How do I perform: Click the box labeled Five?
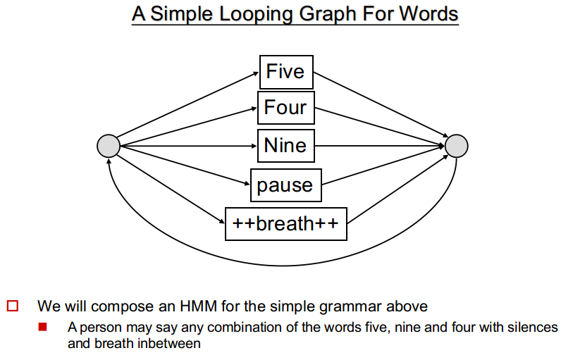tap(286, 72)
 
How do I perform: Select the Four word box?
tap(285, 108)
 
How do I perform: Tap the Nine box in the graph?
tap(285, 146)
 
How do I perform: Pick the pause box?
tap(285, 185)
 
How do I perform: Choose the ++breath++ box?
tap(285, 224)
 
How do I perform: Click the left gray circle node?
tap(109, 146)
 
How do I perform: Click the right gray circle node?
tap(457, 146)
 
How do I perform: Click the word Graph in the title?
tap(328, 14)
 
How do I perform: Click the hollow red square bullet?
tap(13, 306)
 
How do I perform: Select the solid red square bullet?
tap(42, 327)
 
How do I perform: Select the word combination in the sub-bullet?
tap(244, 327)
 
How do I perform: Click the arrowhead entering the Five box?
tap(256, 74)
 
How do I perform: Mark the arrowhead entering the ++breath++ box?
tap(221, 221)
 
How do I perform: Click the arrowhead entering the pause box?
tap(247, 184)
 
